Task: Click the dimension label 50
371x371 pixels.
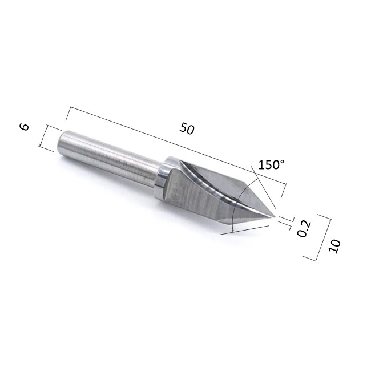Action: point(187,129)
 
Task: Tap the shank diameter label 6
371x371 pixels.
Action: point(25,127)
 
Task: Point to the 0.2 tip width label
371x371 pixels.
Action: point(304,228)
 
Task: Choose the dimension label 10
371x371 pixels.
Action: point(334,247)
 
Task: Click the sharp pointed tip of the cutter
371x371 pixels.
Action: point(275,216)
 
